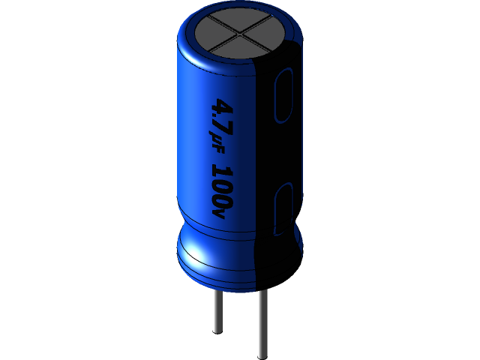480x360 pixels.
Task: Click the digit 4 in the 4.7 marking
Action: (x=223, y=105)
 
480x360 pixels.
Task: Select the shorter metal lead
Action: (x=217, y=311)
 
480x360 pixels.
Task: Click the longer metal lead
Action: (x=262, y=322)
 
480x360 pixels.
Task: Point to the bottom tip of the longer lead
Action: (x=262, y=355)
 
